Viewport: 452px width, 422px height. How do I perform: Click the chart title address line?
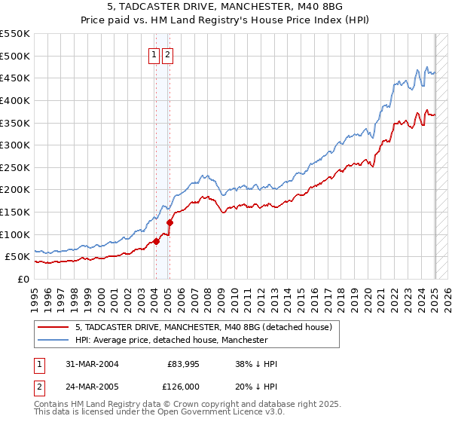[225, 8]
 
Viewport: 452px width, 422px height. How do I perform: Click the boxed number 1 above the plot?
[154, 54]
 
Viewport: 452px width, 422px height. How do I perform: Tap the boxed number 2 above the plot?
[166, 54]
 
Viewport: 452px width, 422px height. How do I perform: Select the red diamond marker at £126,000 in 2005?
[170, 222]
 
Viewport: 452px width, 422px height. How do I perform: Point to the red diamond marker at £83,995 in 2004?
[157, 241]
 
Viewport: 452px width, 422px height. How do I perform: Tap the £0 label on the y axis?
[22, 279]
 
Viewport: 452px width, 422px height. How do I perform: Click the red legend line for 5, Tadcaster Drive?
[53, 328]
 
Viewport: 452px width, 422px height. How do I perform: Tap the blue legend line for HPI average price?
[53, 341]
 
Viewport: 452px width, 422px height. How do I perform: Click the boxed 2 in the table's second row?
[39, 386]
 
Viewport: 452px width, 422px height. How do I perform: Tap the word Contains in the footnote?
[51, 405]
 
